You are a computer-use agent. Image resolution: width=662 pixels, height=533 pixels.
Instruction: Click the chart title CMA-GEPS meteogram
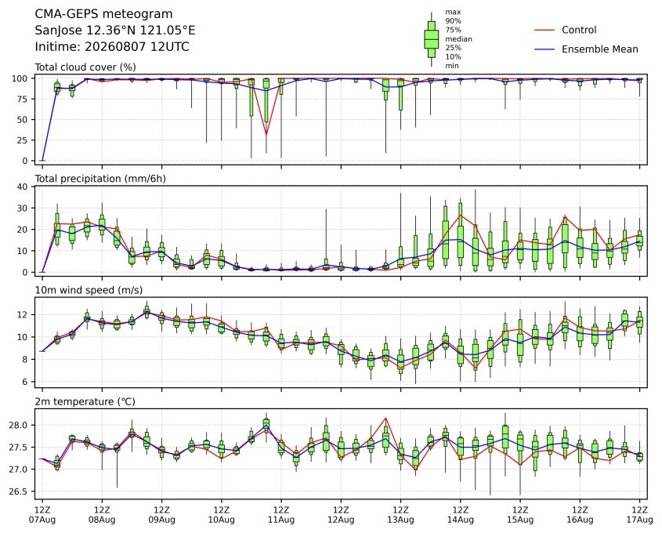tap(103, 14)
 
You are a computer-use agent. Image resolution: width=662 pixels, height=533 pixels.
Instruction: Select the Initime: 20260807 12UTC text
tap(112, 46)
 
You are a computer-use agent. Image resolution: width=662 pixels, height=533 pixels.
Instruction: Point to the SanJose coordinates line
tap(115, 31)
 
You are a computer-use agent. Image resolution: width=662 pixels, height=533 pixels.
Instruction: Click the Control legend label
tap(579, 30)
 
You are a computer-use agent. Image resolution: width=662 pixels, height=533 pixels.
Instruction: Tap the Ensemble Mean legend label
tap(599, 49)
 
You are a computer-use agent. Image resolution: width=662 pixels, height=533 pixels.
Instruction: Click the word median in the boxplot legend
tap(458, 39)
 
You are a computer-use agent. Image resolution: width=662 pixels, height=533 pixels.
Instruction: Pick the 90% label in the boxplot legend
tap(453, 20)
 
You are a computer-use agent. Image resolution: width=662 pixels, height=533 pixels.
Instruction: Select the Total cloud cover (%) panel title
tap(85, 67)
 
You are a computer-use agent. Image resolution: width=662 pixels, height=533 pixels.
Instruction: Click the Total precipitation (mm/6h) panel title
tap(100, 179)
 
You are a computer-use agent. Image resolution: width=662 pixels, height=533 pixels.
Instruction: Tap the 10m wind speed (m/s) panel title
tap(89, 290)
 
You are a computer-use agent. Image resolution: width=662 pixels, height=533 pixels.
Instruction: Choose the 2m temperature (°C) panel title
tap(85, 401)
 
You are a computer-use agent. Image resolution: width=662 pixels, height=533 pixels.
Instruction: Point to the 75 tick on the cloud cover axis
tap(23, 100)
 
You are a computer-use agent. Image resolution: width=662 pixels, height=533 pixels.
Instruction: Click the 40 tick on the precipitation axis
tap(23, 187)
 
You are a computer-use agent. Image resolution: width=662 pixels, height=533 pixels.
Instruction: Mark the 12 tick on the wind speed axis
tap(23, 315)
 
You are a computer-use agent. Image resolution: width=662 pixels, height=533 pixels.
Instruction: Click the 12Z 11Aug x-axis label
tap(280, 515)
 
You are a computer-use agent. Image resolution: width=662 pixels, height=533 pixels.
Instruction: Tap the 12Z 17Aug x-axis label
tap(639, 515)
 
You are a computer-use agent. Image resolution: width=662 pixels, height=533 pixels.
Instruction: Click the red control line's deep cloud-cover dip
tap(266, 134)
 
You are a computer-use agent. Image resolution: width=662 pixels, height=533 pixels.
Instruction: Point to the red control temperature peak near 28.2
tap(385, 418)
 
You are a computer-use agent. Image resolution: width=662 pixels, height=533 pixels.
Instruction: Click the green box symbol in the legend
tap(431, 39)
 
